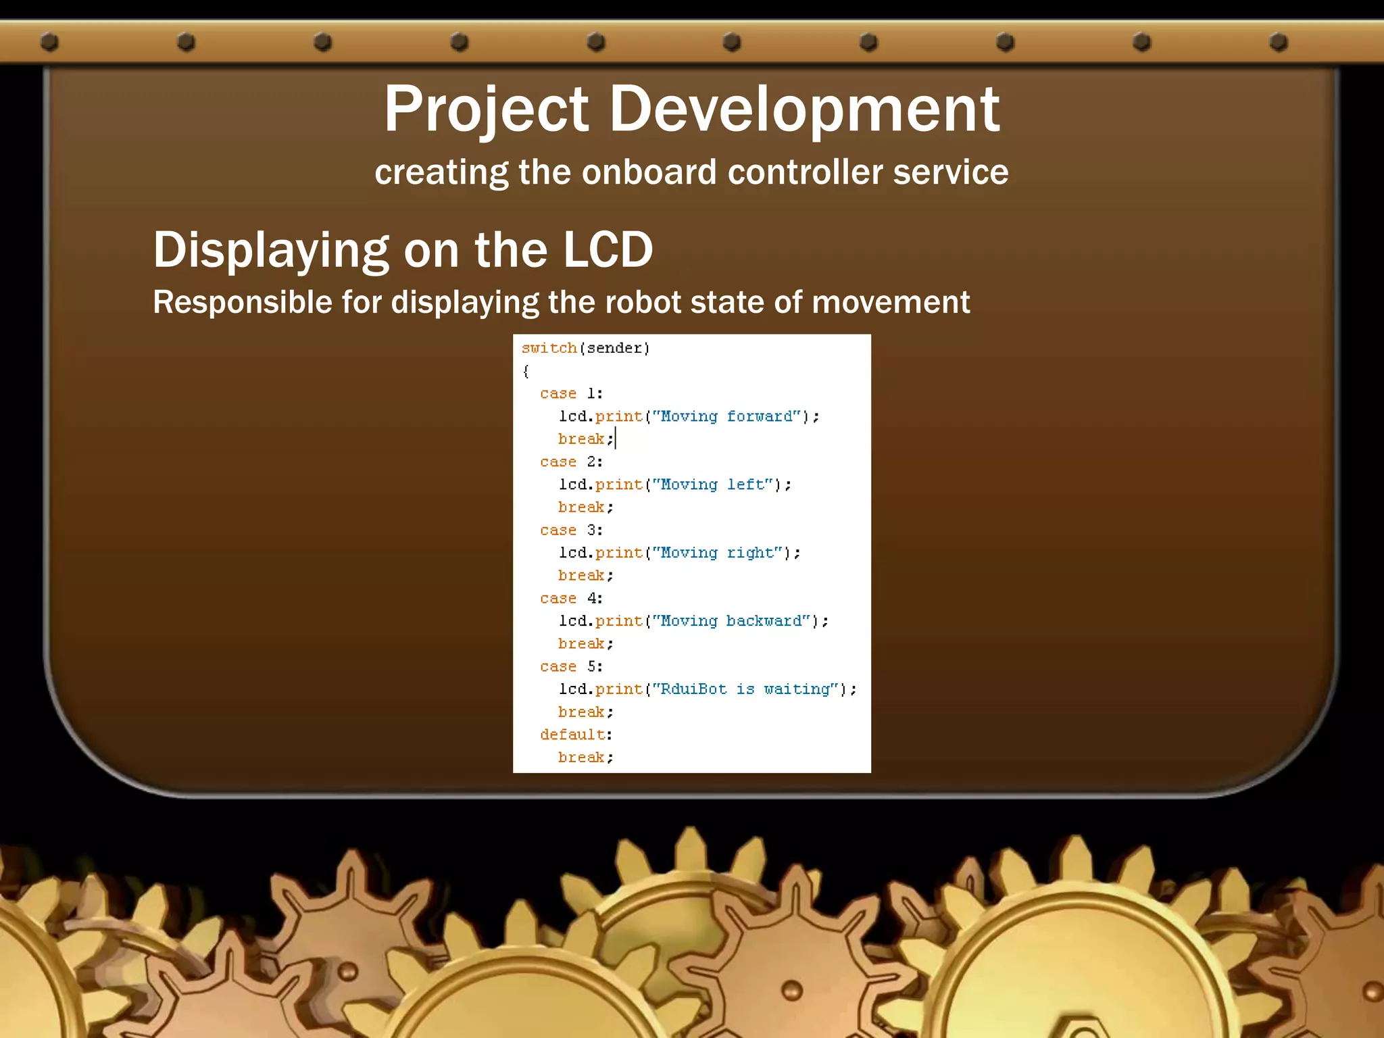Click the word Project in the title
click(487, 109)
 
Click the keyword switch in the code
click(549, 348)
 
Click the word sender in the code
click(614, 348)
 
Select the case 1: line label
click(571, 393)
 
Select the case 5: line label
click(571, 666)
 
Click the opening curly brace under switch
click(526, 371)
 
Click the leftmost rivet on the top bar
click(49, 43)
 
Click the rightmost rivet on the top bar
click(1278, 43)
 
